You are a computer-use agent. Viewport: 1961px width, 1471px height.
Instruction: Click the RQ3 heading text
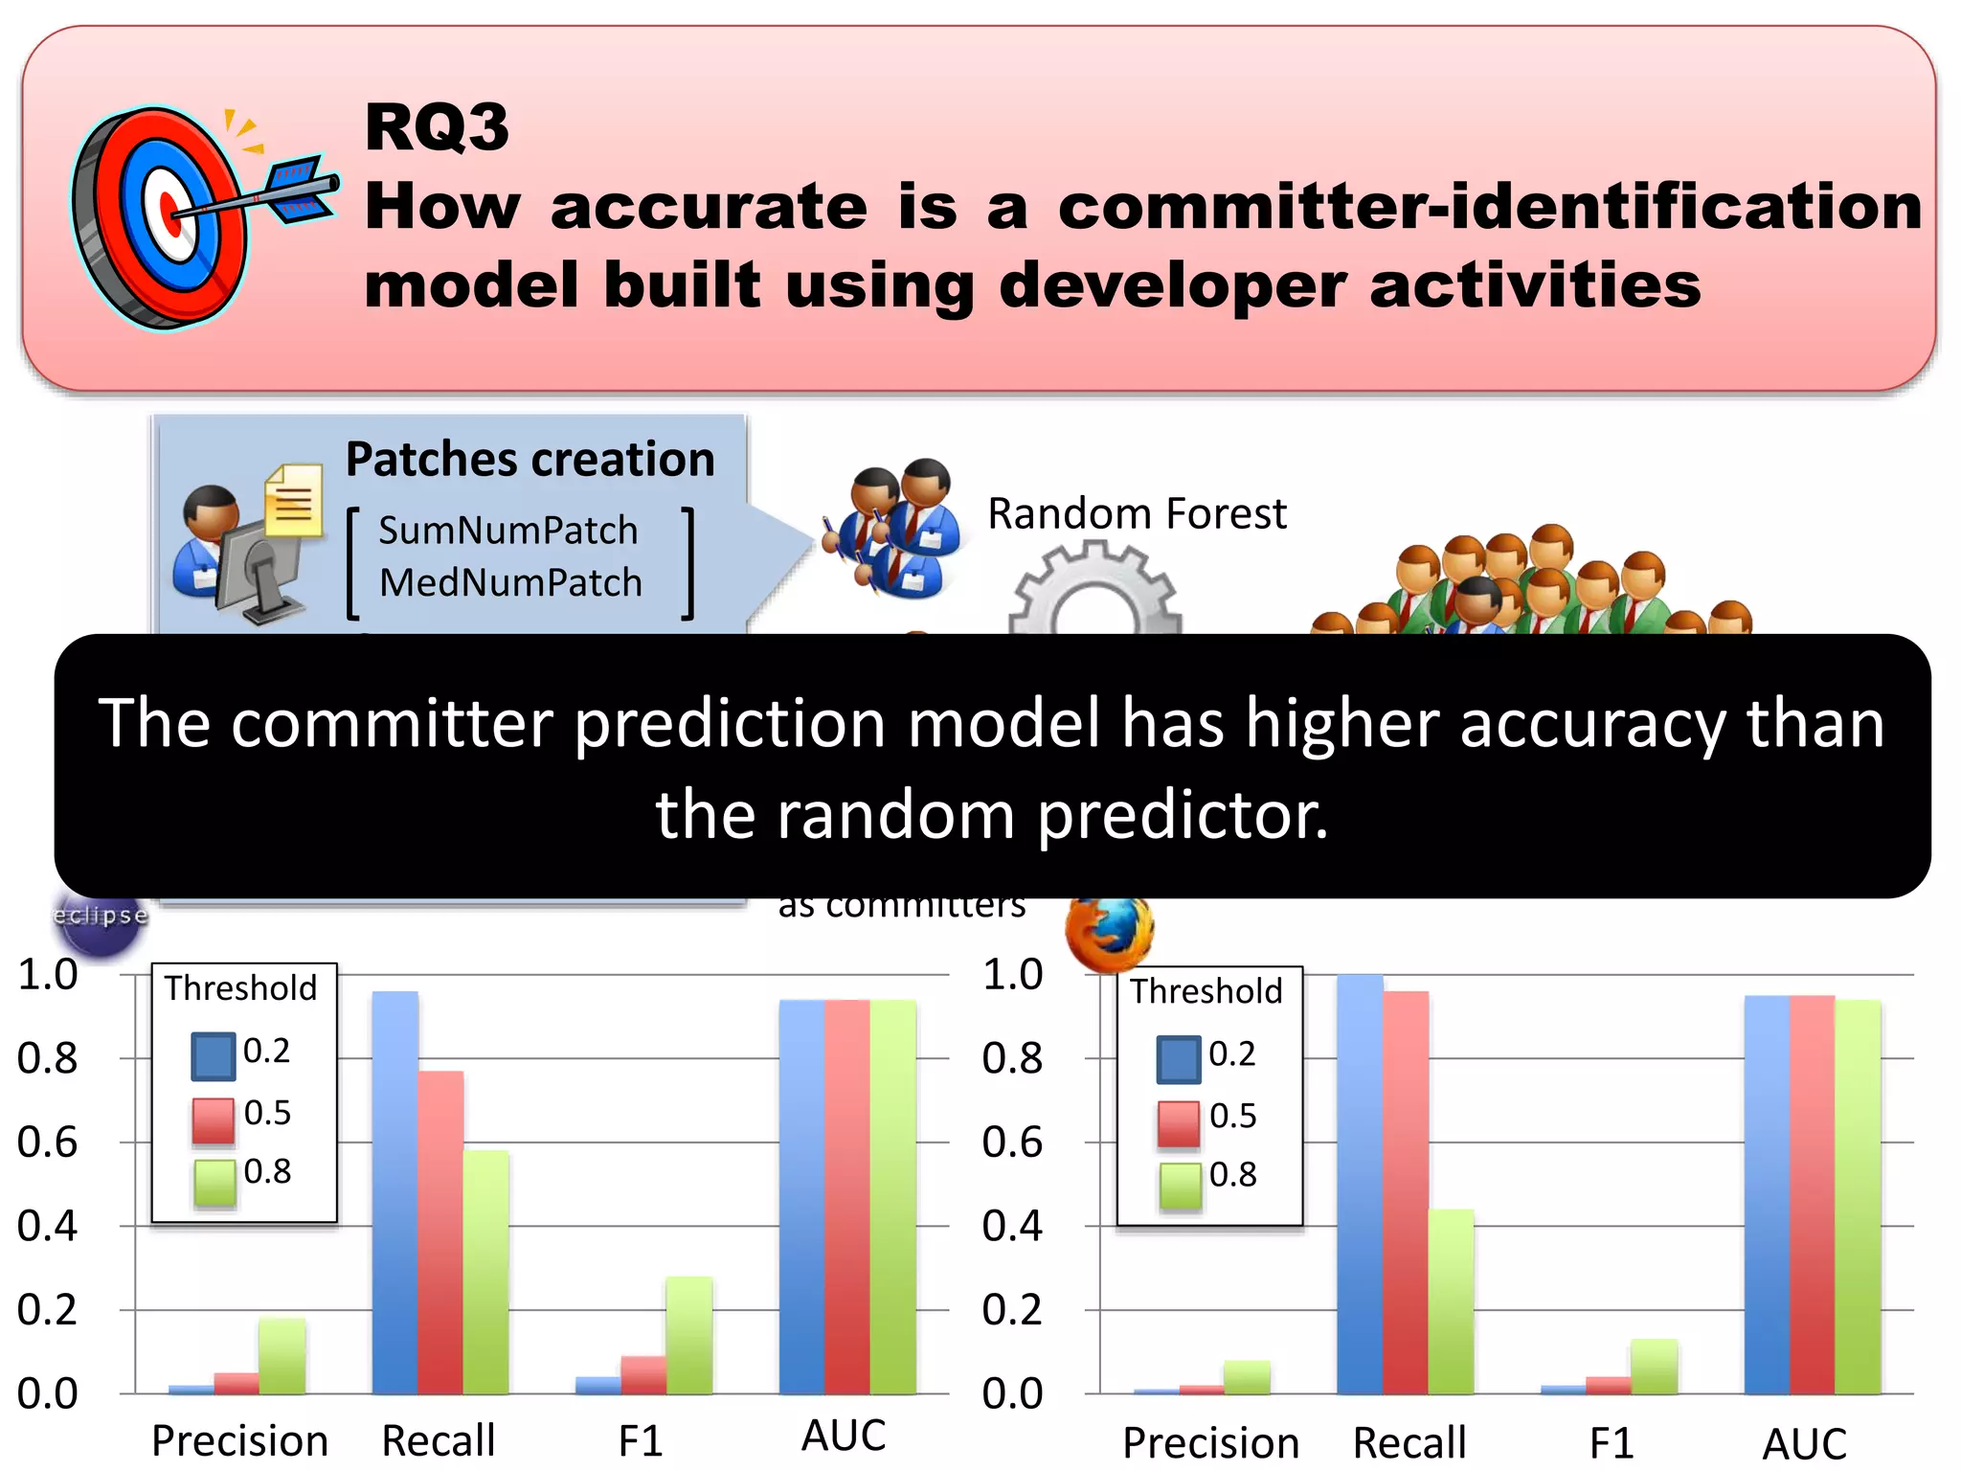point(437,127)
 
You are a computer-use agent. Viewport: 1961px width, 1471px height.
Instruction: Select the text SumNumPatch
point(507,531)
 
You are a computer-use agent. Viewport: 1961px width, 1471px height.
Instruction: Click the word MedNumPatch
point(510,582)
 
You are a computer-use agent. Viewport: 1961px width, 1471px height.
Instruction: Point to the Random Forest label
point(1137,514)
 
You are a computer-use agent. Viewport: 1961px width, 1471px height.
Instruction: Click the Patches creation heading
point(530,460)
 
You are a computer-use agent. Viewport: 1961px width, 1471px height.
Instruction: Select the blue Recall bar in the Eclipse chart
point(394,1192)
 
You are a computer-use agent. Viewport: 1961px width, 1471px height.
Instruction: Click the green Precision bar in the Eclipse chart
point(282,1355)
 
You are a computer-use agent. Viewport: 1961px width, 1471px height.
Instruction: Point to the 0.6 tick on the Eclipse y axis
point(48,1143)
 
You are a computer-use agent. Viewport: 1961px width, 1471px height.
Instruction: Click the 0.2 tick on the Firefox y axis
point(1012,1309)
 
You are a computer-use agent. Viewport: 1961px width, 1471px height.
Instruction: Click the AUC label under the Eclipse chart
point(844,1437)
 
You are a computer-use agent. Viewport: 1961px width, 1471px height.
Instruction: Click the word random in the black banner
point(894,816)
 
